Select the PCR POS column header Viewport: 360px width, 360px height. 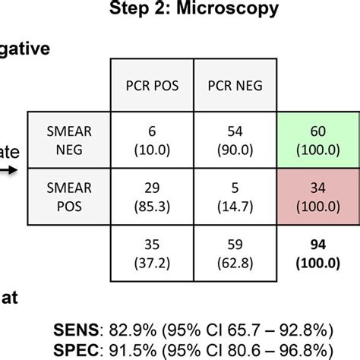click(x=153, y=86)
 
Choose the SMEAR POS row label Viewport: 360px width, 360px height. click(x=69, y=197)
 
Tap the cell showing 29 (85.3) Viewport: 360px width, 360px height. click(x=153, y=197)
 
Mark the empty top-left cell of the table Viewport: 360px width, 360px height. click(x=69, y=86)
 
